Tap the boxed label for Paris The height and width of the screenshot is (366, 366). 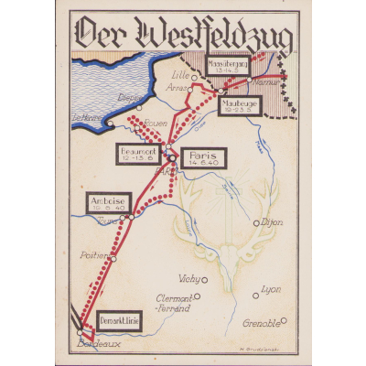(x=201, y=158)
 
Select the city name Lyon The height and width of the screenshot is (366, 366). (x=271, y=290)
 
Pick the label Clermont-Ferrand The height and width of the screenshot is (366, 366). (x=173, y=302)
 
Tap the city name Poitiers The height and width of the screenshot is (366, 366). (x=96, y=256)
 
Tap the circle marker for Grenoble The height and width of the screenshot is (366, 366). (x=284, y=320)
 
